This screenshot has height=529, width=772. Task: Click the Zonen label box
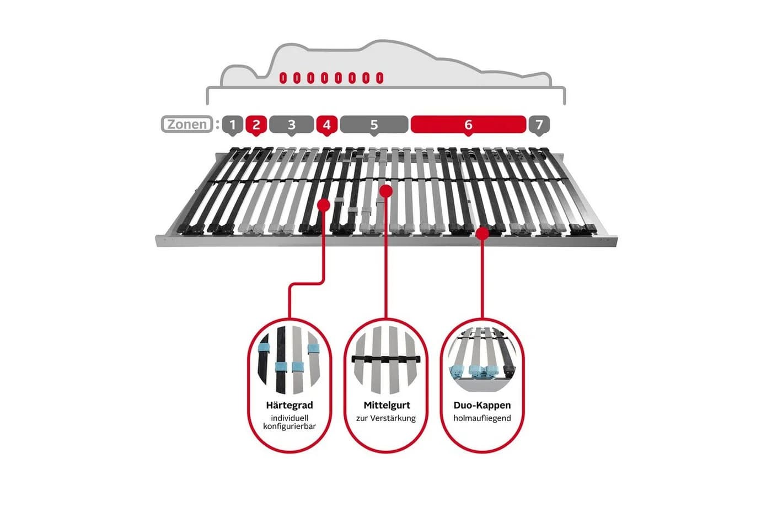[187, 124]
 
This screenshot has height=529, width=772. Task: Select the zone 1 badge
[232, 125]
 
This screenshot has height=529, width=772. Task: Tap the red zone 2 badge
[256, 125]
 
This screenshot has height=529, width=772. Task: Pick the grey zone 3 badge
[291, 125]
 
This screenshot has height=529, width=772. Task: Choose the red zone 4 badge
[326, 125]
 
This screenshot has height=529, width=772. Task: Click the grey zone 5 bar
[374, 125]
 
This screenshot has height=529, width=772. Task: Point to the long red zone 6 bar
[468, 125]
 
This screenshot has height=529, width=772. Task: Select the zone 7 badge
[539, 125]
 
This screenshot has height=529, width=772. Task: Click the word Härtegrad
[289, 406]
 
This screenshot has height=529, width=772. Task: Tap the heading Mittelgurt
[387, 406]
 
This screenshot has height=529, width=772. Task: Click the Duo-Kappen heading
[482, 406]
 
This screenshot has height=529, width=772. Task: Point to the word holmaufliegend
[482, 418]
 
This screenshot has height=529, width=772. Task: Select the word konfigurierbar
[289, 427]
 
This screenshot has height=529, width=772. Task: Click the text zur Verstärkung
[386, 418]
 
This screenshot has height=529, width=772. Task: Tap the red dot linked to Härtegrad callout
[324, 205]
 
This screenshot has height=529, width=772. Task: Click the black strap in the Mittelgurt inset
[386, 359]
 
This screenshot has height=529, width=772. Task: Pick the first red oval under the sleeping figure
[283, 78]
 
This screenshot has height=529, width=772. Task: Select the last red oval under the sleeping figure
[379, 78]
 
